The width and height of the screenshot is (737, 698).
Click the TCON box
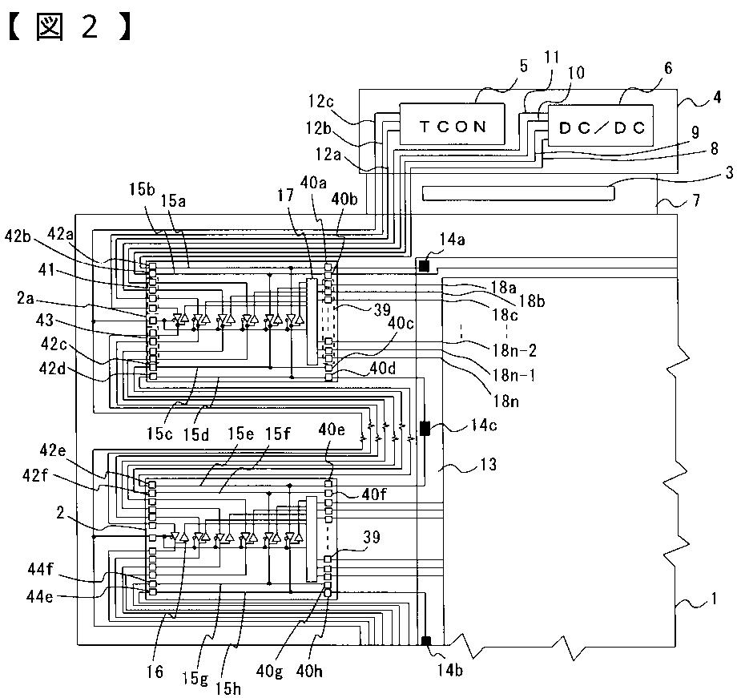pyautogui.click(x=452, y=123)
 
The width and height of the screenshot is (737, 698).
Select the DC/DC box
pyautogui.click(x=601, y=126)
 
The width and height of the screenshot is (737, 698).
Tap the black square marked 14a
pyautogui.click(x=424, y=266)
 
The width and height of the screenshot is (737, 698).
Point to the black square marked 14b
pyautogui.click(x=426, y=640)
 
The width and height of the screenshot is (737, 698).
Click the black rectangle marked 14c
pyautogui.click(x=425, y=429)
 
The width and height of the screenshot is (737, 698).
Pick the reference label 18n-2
pyautogui.click(x=514, y=350)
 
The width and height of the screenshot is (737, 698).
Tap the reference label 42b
pyautogui.click(x=18, y=236)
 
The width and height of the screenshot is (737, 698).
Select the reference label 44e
pyautogui.click(x=39, y=596)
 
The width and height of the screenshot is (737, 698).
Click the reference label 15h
pyautogui.click(x=228, y=688)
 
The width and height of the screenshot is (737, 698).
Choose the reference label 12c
pyautogui.click(x=321, y=101)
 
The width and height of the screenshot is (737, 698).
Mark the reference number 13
pyautogui.click(x=489, y=464)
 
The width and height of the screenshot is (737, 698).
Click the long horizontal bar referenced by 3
pyautogui.click(x=518, y=193)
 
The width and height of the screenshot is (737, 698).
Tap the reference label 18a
pyautogui.click(x=503, y=286)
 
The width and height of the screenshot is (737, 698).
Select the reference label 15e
pyautogui.click(x=240, y=434)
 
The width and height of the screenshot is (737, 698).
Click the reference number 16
pyautogui.click(x=155, y=672)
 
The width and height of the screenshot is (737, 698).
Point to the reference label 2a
pyautogui.click(x=26, y=298)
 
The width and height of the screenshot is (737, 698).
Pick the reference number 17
pyautogui.click(x=285, y=195)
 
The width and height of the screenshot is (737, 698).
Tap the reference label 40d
pyautogui.click(x=383, y=368)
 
